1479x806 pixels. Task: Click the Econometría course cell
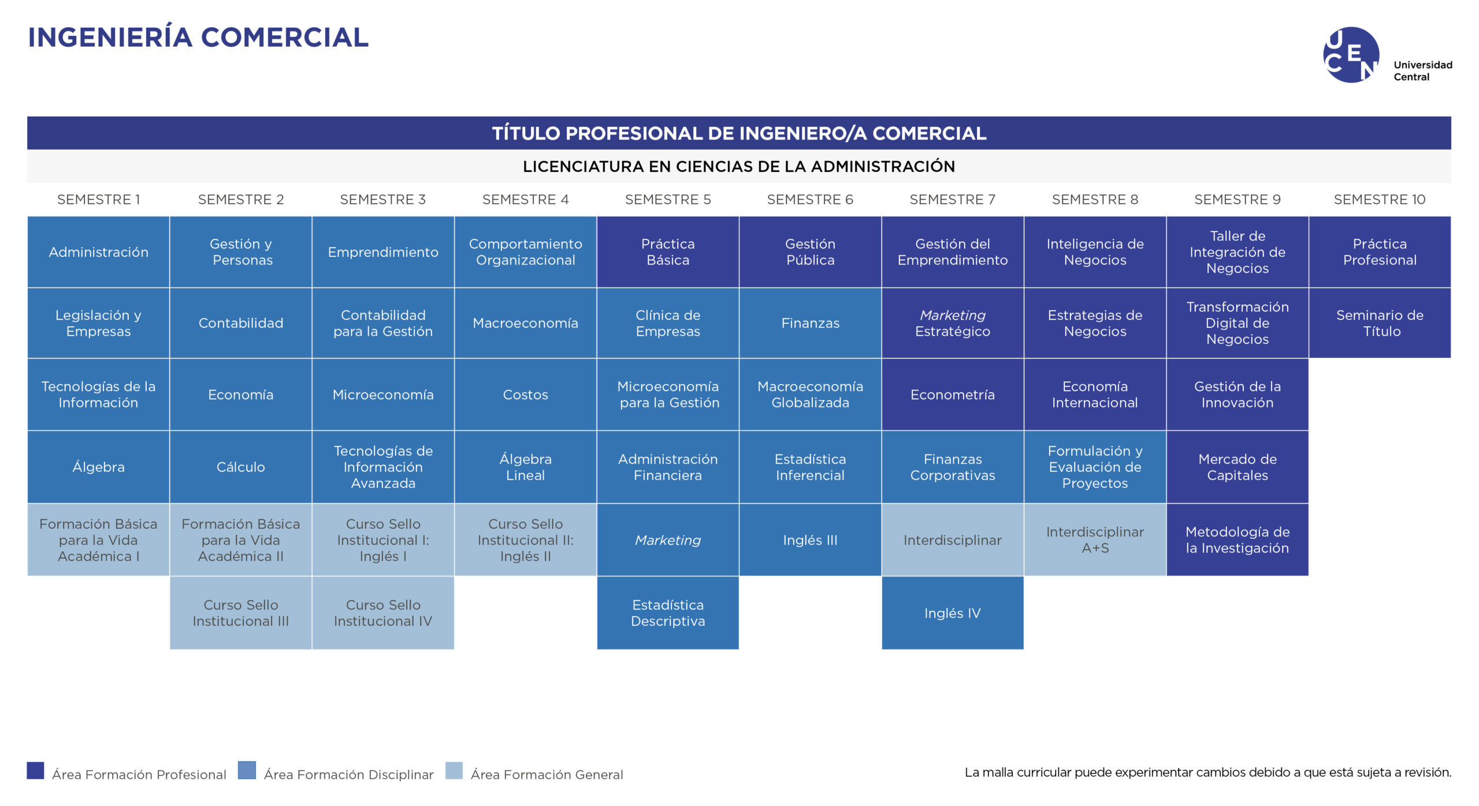click(x=953, y=394)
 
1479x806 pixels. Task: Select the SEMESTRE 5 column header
click(x=668, y=200)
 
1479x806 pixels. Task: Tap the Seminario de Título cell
click(x=1380, y=323)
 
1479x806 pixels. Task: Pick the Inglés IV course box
click(x=953, y=613)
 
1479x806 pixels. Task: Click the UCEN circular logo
click(x=1351, y=55)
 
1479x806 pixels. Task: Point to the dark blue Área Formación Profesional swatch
click(x=35, y=771)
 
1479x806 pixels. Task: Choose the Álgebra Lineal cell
click(x=526, y=467)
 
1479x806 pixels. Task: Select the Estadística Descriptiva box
click(x=668, y=613)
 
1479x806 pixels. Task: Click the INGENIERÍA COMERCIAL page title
click(x=198, y=38)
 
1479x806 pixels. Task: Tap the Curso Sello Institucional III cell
click(x=241, y=613)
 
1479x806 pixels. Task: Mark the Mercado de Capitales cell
click(x=1238, y=467)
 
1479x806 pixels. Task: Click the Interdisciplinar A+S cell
click(x=1095, y=540)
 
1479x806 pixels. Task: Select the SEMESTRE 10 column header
click(x=1380, y=200)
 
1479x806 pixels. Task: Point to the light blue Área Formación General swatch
click(x=454, y=771)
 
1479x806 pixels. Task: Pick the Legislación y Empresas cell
click(x=98, y=323)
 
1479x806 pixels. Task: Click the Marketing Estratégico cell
click(x=953, y=323)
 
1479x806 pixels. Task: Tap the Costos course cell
click(x=526, y=394)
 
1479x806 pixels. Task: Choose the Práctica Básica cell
click(x=668, y=252)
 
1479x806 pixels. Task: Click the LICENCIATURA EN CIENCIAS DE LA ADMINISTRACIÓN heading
click(x=739, y=167)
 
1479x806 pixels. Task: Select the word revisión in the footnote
click(x=1427, y=773)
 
